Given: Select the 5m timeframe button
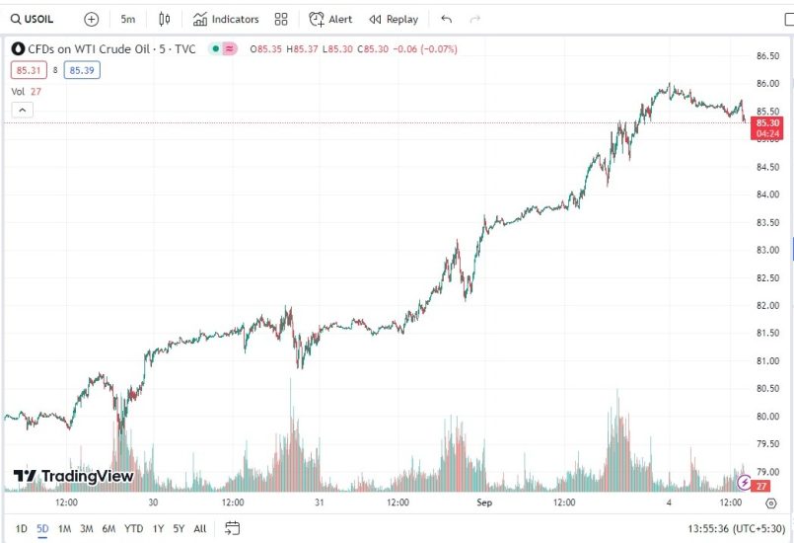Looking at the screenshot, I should [x=128, y=19].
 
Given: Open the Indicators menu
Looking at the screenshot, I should [x=226, y=19].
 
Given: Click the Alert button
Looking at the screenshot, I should [x=330, y=19].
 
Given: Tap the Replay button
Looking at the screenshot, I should [x=394, y=19].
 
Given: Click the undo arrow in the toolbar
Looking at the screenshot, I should [x=447, y=19].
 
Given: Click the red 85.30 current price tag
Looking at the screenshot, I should [x=767, y=122].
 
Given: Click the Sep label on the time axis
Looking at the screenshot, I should [x=483, y=503].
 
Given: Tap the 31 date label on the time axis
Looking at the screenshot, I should [x=319, y=503].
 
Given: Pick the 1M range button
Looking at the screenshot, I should [x=64, y=529].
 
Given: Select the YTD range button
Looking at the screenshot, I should [x=133, y=529].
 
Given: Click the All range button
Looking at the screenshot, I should [x=200, y=529].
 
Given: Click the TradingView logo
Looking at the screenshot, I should [x=73, y=477].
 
